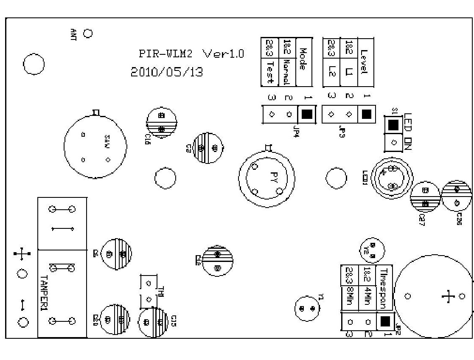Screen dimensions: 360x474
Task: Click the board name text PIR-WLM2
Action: pos(166,54)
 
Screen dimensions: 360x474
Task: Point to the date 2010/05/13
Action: pos(166,72)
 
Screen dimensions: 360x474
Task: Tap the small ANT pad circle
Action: pos(88,33)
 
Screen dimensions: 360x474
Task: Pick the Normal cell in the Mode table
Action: pos(286,73)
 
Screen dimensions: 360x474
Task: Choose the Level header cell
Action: pos(365,62)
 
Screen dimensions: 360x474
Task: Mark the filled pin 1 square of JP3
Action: pos(367,114)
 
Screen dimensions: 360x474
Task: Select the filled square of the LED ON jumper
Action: pos(393,124)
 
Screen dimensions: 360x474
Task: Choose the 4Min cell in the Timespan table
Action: pos(367,298)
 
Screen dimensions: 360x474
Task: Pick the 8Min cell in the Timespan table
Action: pos(350,298)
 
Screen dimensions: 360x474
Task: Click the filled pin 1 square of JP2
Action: pos(385,321)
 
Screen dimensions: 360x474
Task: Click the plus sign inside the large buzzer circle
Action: pos(448,296)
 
